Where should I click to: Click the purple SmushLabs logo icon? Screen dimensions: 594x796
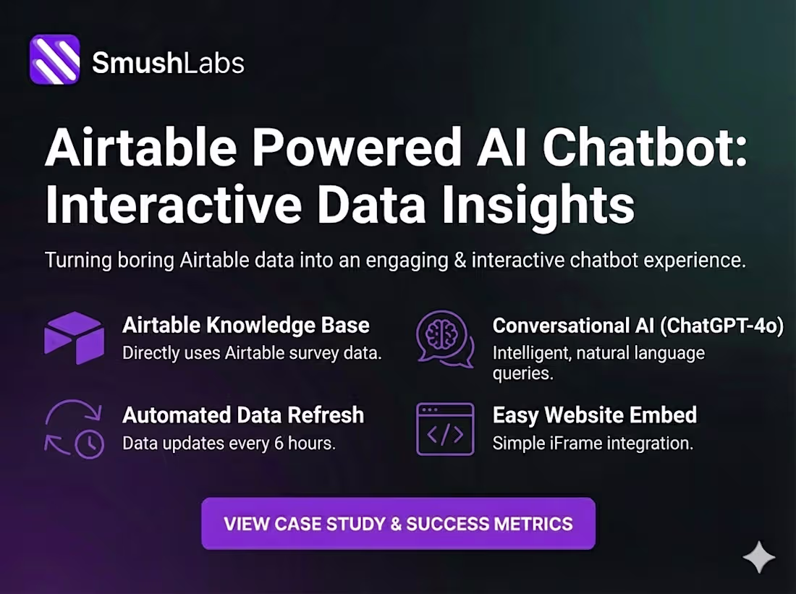coord(54,59)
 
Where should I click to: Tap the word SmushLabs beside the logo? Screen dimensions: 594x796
coord(168,63)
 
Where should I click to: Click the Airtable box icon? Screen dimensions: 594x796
coord(74,337)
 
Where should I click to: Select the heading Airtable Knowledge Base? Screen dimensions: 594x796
coord(246,326)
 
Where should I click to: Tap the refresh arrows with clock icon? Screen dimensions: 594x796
coord(75,429)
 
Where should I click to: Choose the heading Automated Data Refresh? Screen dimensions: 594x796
coord(243,415)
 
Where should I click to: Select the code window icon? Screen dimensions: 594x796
coord(445,429)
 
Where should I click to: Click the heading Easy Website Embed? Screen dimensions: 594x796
coord(594,415)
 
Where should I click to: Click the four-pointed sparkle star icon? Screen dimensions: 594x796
coord(758,557)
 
